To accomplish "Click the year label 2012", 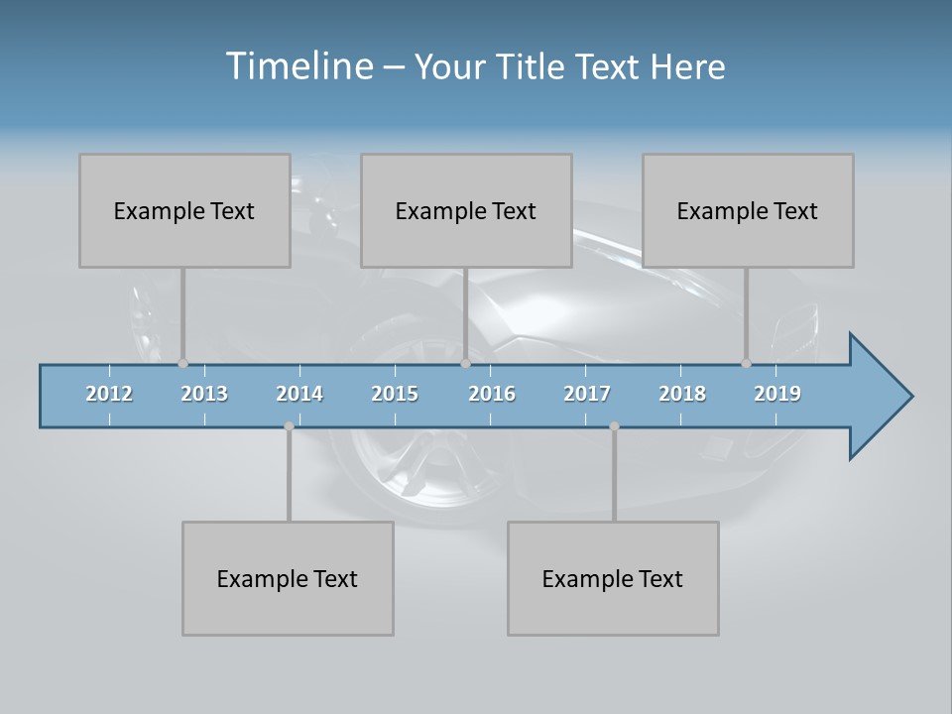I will (x=109, y=394).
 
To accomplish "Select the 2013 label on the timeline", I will (x=204, y=394).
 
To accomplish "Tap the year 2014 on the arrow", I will (x=299, y=394).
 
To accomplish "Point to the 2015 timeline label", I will (x=395, y=394).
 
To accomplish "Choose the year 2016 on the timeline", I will (x=492, y=394).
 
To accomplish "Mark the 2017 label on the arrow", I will (x=587, y=394).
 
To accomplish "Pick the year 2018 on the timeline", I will (x=682, y=394).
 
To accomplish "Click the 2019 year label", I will (x=777, y=394).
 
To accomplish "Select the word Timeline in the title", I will (x=297, y=66).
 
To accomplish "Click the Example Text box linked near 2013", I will (x=184, y=210).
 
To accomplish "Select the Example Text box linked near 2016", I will (x=466, y=210).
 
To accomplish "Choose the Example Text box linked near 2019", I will (x=748, y=210).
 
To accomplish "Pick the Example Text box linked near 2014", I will (x=288, y=578).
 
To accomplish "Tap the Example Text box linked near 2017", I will (x=613, y=578).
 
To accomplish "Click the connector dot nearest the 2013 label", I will (x=182, y=364).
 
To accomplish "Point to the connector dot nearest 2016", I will (x=465, y=364).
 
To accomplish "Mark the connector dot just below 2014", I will (x=289, y=426).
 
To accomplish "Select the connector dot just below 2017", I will (x=614, y=426).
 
